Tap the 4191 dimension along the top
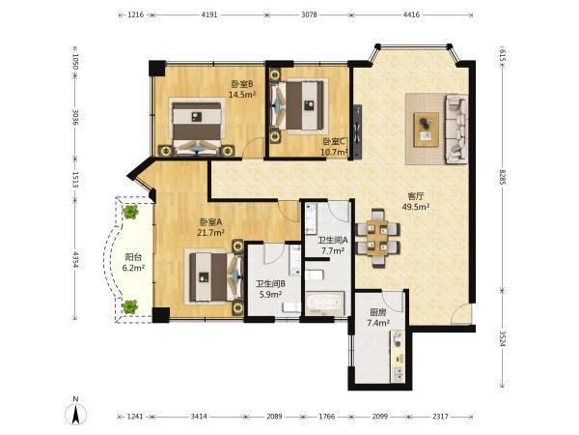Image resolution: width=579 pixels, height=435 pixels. [x=209, y=15]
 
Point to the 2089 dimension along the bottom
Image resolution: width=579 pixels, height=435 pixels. [x=274, y=417]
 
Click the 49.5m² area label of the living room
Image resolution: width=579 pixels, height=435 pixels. [x=415, y=207]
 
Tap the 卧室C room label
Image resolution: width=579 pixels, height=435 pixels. [x=334, y=142]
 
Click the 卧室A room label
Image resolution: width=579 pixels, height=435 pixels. [x=210, y=222]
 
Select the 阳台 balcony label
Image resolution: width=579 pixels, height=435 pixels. [x=133, y=257]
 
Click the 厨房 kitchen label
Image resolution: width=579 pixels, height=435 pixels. [x=378, y=313]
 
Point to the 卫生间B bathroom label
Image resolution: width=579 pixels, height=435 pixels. [x=270, y=284]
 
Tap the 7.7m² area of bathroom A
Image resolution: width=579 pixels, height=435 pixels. [x=333, y=250]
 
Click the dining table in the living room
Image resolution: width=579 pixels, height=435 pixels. [x=377, y=238]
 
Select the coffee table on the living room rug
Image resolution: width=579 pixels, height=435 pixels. [x=427, y=130]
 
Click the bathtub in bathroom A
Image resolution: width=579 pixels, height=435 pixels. [x=325, y=304]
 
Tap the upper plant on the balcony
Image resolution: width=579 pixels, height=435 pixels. [x=130, y=212]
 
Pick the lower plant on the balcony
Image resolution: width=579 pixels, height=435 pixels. [x=130, y=306]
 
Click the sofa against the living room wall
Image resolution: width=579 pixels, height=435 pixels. [x=456, y=129]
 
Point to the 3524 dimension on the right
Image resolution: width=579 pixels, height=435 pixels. [x=502, y=339]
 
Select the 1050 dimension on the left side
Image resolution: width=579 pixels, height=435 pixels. [x=75, y=62]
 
